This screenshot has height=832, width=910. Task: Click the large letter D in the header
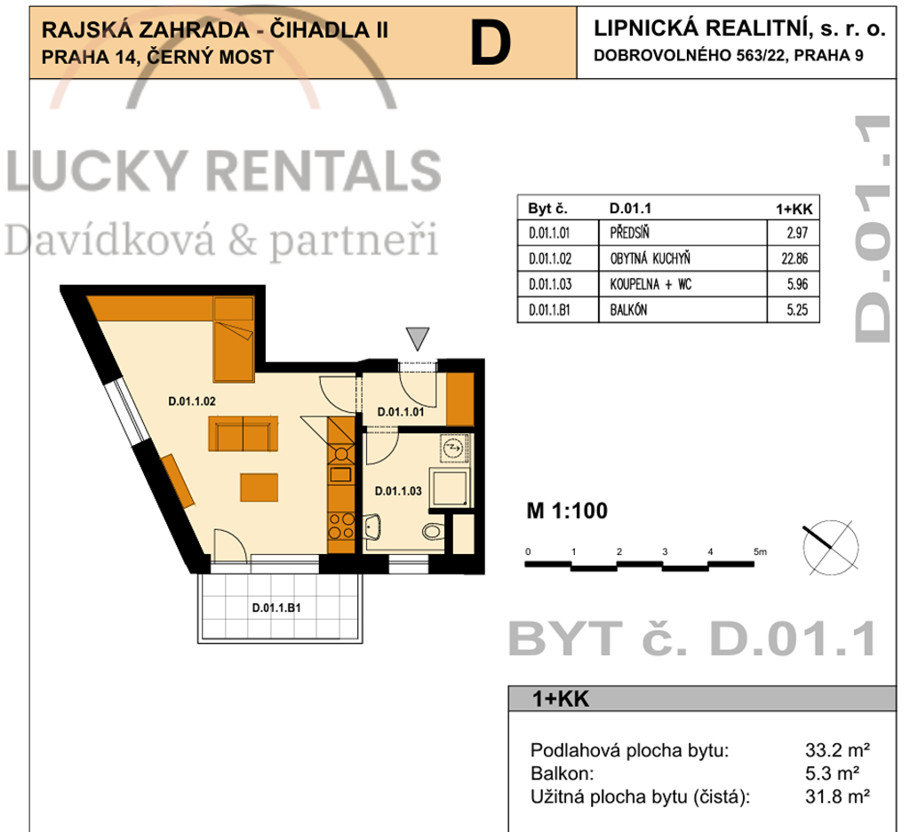click(x=491, y=43)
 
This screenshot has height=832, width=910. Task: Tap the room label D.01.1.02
click(x=192, y=401)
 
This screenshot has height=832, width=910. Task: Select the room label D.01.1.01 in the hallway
click(x=401, y=412)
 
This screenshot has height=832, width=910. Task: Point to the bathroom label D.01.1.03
click(x=398, y=491)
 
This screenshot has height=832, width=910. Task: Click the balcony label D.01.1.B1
click(x=276, y=607)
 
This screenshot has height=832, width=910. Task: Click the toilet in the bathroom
click(x=433, y=530)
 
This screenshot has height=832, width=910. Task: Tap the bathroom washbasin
click(x=372, y=527)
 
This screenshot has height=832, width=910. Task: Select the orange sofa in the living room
click(x=243, y=433)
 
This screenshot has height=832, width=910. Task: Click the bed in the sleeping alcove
click(x=234, y=339)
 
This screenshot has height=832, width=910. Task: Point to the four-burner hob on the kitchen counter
click(x=341, y=526)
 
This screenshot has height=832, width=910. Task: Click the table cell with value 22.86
click(x=794, y=258)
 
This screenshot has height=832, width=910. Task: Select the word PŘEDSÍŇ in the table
click(x=630, y=233)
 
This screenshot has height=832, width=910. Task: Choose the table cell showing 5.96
click(x=797, y=284)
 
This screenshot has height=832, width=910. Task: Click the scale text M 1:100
click(x=567, y=511)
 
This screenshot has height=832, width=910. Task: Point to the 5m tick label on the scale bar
click(x=760, y=552)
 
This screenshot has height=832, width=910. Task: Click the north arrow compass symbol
click(x=831, y=547)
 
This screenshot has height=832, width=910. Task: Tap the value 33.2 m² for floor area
click(x=837, y=750)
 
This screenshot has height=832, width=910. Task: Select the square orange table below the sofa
click(x=259, y=487)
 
